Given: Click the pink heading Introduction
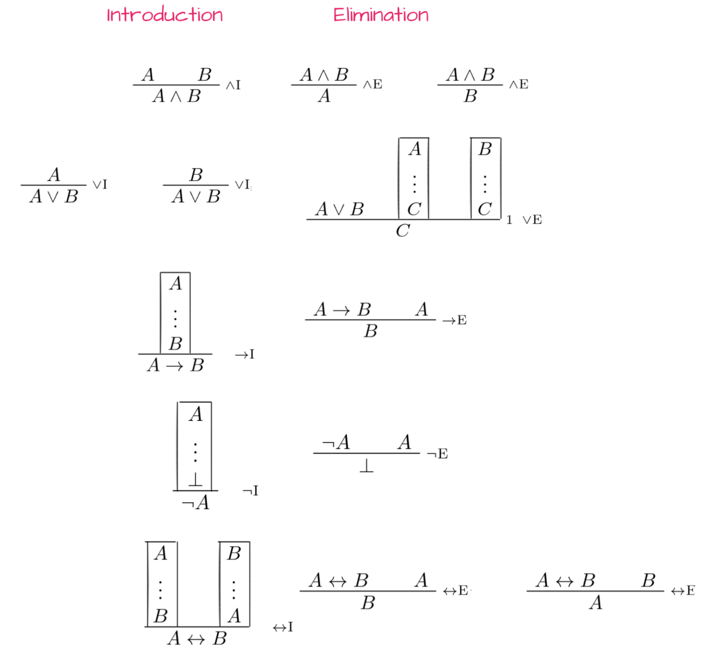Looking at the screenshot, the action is click(165, 15).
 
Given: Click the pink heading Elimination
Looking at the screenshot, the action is click(381, 15).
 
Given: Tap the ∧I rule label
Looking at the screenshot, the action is click(233, 85).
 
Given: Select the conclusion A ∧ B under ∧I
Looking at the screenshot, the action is click(176, 96).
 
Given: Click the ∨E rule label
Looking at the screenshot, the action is click(532, 220).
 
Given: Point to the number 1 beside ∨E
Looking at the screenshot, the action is click(509, 220).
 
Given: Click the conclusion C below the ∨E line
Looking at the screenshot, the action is click(403, 230).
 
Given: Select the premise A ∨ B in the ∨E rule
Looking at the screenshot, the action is click(340, 209).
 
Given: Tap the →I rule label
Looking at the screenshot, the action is click(245, 354).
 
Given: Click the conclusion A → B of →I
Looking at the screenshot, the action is click(176, 365).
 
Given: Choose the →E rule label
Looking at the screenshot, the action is click(455, 320).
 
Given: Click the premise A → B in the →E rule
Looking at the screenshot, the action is click(343, 309).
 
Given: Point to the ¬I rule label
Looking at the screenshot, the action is click(250, 491).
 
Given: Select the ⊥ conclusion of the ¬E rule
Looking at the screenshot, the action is click(366, 466).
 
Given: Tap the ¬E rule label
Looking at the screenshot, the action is click(438, 453).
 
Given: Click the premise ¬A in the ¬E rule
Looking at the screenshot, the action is click(336, 442).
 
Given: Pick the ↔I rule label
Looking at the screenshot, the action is click(283, 627).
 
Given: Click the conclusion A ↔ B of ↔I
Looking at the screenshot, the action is click(197, 638).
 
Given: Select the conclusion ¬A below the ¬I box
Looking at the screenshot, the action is click(195, 502).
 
